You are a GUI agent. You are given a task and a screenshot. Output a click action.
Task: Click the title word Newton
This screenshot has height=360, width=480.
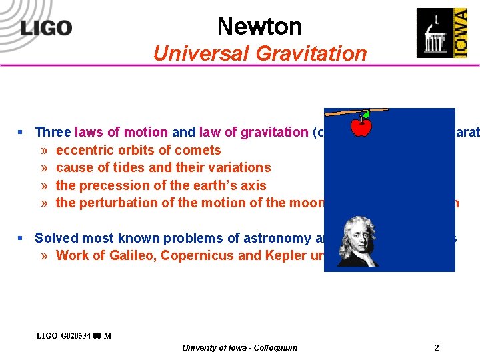point(259,27)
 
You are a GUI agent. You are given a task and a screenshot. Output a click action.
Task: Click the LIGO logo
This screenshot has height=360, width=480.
point(46,28)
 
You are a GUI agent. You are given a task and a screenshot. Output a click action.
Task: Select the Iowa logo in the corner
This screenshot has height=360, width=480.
point(442,33)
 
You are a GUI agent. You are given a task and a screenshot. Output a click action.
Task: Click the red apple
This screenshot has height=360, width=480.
point(361,125)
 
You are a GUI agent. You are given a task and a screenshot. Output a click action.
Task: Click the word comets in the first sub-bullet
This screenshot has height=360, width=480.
point(199,150)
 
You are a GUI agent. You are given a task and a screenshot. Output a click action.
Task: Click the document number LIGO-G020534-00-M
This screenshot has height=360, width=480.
point(73,335)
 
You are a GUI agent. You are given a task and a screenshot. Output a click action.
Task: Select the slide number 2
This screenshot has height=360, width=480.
point(436,347)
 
